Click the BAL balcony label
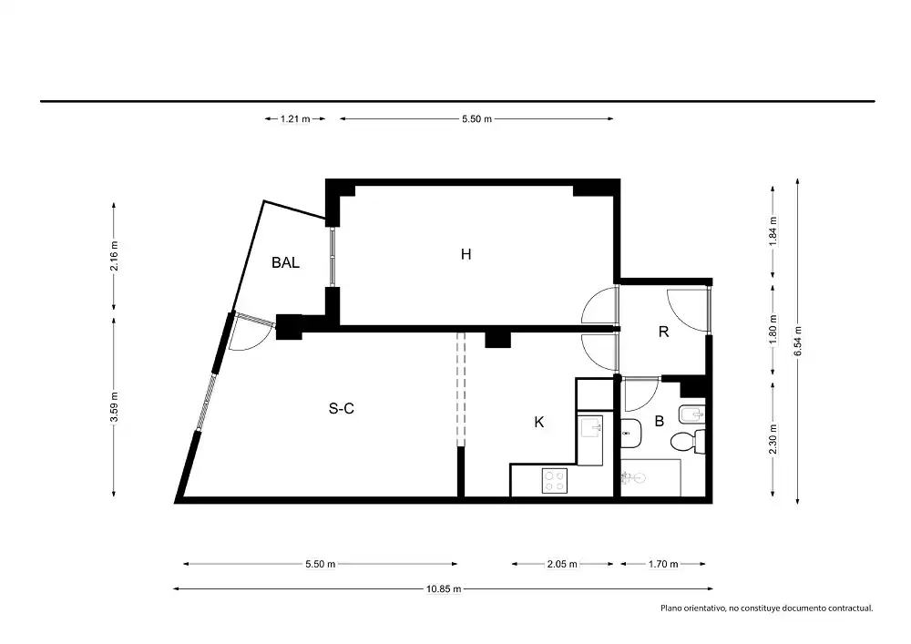(285, 262)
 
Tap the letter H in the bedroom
(466, 254)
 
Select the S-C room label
(341, 409)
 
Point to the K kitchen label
(539, 422)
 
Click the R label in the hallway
(663, 332)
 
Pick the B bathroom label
(660, 421)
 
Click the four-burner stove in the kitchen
(554, 480)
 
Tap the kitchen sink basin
(591, 427)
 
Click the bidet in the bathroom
(692, 414)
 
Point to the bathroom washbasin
(631, 434)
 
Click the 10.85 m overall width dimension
(444, 588)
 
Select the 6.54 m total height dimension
(798, 341)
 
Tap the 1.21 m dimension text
(295, 119)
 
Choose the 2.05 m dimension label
(562, 564)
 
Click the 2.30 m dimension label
(773, 440)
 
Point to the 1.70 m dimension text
(663, 564)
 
